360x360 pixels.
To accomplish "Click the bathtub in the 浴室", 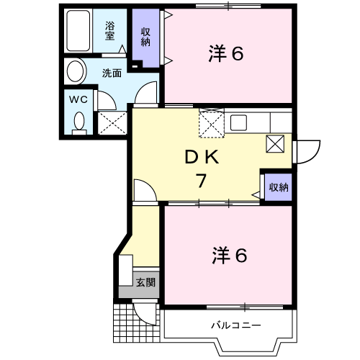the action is (78, 30).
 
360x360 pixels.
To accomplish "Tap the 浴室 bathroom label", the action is (109, 31).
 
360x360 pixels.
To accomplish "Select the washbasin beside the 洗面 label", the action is (76, 71).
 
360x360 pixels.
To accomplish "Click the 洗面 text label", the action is (112, 73).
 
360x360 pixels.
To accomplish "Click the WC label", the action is (78, 99).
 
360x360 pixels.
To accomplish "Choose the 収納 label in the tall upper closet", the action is (145, 37).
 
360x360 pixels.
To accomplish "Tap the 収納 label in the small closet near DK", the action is (279, 187).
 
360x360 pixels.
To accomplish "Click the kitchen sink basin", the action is (238, 122).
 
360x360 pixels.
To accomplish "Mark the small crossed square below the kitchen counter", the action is (275, 144).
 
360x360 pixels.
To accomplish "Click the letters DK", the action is (202, 157).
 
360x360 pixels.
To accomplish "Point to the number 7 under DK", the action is (201, 181).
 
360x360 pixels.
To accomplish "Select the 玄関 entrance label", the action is (145, 282).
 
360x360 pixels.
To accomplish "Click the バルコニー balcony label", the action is (235, 325).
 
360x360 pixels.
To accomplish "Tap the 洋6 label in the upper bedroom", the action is (226, 53).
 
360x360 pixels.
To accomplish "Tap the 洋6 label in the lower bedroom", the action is (230, 256).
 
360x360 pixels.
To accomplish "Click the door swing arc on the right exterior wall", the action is (315, 157).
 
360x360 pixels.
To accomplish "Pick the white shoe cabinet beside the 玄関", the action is (125, 270).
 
